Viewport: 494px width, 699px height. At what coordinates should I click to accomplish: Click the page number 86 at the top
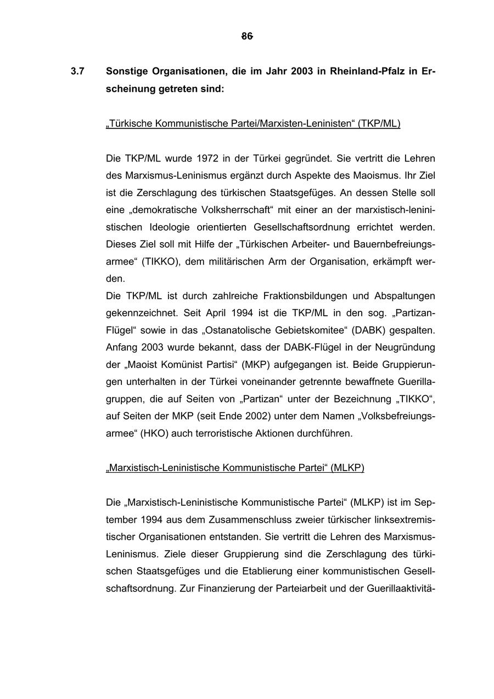[x=247, y=36]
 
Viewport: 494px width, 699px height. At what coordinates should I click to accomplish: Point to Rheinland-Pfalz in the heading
[x=368, y=71]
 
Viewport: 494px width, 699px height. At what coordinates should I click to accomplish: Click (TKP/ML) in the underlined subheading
[x=379, y=124]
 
